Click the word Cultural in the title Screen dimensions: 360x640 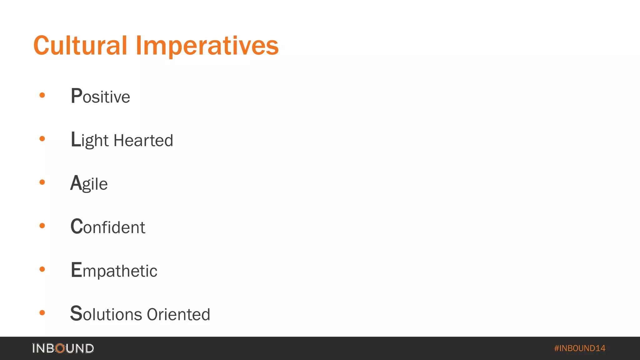pyautogui.click(x=80, y=46)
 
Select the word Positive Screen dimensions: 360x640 pyautogui.click(x=100, y=96)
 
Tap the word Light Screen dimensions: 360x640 pyautogui.click(x=90, y=140)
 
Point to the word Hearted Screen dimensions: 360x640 pyautogui.click(x=143, y=140)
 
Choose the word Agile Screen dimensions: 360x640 pyautogui.click(x=89, y=183)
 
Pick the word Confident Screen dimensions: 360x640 pyautogui.click(x=108, y=227)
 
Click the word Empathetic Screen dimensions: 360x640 pyautogui.click(x=114, y=270)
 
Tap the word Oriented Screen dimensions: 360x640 pyautogui.click(x=178, y=314)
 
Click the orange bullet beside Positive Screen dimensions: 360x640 pyautogui.click(x=42, y=95)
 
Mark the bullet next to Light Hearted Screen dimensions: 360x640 pyautogui.click(x=42, y=138)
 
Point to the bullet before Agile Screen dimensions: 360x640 pyautogui.click(x=42, y=182)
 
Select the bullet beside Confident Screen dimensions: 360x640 pyautogui.click(x=42, y=226)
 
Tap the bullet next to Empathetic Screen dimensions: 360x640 pyautogui.click(x=42, y=269)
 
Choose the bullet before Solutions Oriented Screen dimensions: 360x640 pyautogui.click(x=42, y=312)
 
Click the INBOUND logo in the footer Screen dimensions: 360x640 pyautogui.click(x=63, y=348)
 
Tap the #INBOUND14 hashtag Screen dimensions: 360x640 pyautogui.click(x=580, y=348)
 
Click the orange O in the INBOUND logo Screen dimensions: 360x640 pyautogui.click(x=60, y=348)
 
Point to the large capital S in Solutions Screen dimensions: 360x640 pyautogui.click(x=76, y=313)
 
